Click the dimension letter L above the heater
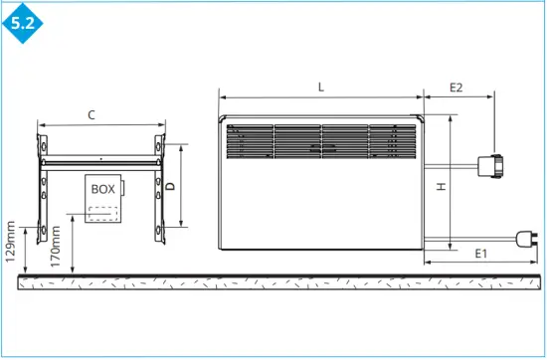coord(320,87)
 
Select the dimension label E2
coord(456,87)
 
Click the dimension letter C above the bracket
coord(91,115)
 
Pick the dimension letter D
coord(170,186)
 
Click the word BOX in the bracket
coord(102,188)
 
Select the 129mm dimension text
coord(10,245)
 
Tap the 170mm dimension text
coord(57,246)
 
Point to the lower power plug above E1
coord(526,237)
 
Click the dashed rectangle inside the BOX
coord(101,215)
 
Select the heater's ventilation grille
coord(308,141)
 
